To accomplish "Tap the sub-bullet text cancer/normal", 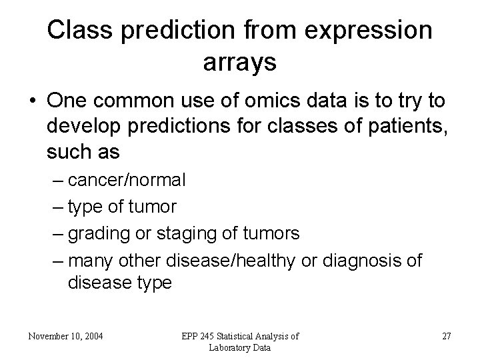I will (x=127, y=180).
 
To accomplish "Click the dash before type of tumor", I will (x=57, y=207).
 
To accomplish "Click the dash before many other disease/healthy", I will (x=57, y=260).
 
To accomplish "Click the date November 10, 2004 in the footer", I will (x=65, y=336).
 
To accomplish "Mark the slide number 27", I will (x=446, y=336).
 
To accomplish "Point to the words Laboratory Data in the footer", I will (x=239, y=347).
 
